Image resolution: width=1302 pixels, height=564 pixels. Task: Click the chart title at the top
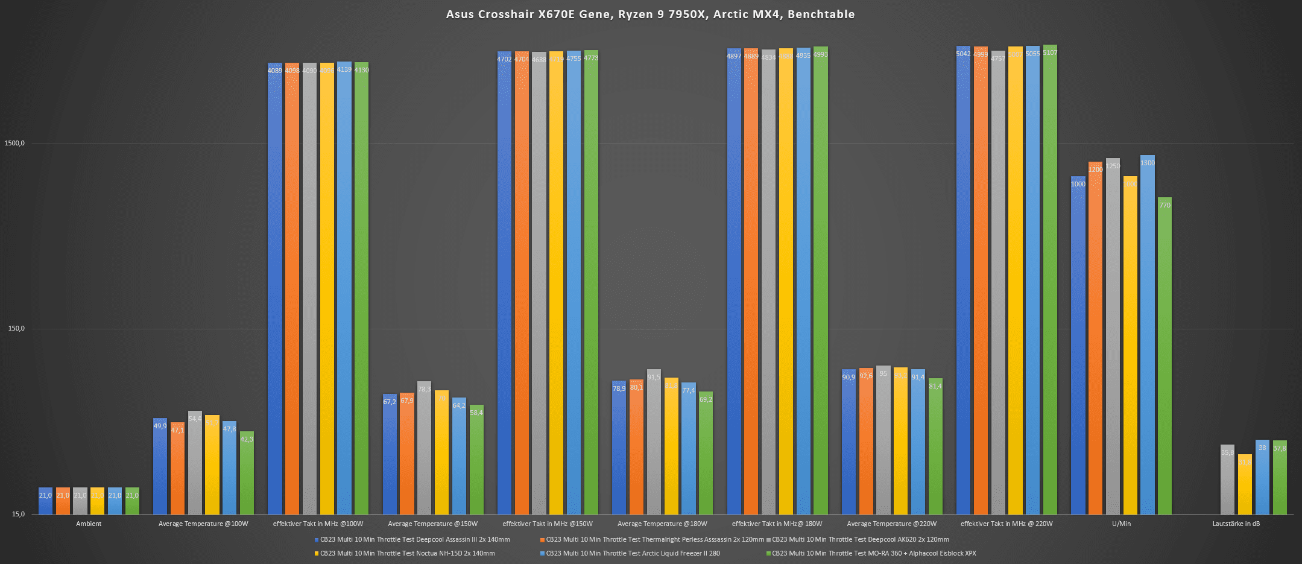point(650,14)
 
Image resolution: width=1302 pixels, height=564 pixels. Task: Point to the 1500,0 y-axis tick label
point(14,144)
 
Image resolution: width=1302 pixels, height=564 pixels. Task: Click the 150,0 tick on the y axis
point(16,329)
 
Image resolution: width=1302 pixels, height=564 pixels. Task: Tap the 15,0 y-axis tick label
point(18,515)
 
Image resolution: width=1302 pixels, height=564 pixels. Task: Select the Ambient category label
point(89,524)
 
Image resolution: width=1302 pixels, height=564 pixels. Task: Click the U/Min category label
point(1121,524)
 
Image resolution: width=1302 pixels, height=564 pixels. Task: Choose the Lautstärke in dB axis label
point(1236,524)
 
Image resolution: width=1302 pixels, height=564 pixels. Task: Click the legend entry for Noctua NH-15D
point(407,553)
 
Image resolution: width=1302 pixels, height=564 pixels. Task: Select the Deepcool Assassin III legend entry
point(414,539)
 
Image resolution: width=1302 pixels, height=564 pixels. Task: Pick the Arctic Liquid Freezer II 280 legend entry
point(633,553)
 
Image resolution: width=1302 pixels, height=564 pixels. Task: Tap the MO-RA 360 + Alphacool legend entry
point(873,553)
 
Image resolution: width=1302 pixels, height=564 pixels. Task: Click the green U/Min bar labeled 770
point(1165,356)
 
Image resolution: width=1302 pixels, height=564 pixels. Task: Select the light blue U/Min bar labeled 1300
point(1147,335)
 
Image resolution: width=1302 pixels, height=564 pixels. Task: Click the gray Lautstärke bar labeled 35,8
point(1227,480)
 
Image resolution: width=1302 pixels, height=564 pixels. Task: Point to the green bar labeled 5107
point(1050,277)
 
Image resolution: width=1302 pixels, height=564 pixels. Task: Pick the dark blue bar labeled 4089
point(275,290)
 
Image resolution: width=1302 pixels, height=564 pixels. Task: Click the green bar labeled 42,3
point(247,473)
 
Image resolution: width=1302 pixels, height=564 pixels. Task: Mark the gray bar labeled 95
point(883,440)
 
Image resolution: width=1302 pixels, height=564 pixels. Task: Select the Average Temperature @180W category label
point(662,524)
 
